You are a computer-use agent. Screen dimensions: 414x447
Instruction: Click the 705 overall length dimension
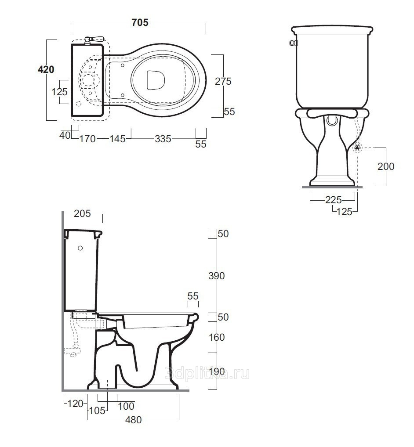coord(140,22)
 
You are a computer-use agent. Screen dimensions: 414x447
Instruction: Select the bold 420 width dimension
coord(46,69)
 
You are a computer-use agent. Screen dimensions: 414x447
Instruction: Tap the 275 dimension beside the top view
coord(223,81)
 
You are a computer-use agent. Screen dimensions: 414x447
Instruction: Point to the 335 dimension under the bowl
coord(163,139)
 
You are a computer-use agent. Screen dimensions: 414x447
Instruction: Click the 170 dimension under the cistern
coord(87,139)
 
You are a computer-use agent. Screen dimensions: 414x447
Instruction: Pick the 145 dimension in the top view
coord(117,139)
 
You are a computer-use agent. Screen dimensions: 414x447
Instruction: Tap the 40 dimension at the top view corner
coord(65,135)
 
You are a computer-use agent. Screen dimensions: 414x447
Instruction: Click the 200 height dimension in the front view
coord(386,166)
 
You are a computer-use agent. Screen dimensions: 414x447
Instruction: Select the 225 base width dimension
coord(333,200)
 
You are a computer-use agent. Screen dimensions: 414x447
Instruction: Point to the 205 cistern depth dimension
coord(82,213)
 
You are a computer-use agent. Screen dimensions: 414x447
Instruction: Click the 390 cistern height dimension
coord(217,276)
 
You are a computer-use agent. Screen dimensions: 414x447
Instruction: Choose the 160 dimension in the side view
coord(217,337)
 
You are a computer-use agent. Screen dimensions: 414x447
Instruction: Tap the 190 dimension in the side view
coord(217,371)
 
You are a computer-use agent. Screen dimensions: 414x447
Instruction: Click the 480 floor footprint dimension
coord(133,420)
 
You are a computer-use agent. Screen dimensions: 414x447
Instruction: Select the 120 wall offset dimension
coord(75,404)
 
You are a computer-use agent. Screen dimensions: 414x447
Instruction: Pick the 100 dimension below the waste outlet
coord(126,406)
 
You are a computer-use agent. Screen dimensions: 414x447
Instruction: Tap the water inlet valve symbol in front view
coord(357,148)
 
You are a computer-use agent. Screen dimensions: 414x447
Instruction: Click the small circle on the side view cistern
coord(80,248)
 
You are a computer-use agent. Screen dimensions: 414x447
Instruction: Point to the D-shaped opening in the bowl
coord(156,80)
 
